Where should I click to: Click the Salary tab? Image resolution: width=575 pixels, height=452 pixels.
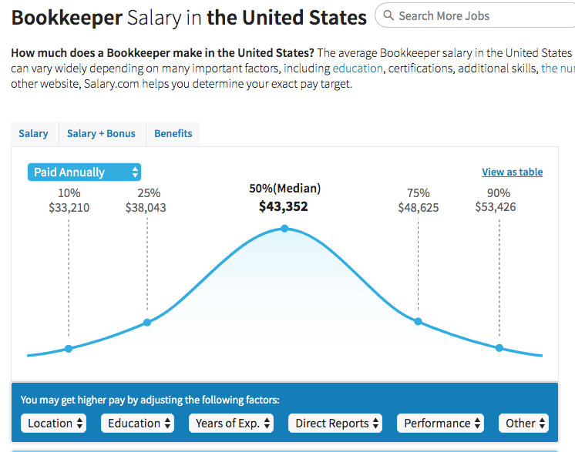[33, 133]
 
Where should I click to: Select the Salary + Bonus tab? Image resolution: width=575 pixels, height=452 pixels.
[101, 133]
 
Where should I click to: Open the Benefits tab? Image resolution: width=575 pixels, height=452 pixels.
[173, 133]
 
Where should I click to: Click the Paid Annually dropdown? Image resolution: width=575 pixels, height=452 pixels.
[84, 172]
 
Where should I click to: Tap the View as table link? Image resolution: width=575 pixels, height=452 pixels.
[512, 172]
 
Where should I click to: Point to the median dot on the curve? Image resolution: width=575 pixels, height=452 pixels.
[284, 228]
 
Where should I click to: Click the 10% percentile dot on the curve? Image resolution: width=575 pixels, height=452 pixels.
[69, 349]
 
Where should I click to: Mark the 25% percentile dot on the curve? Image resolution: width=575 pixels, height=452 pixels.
[147, 323]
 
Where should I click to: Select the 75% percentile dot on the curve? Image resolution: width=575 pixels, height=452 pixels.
[419, 321]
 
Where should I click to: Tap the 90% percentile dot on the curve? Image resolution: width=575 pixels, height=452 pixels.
[499, 348]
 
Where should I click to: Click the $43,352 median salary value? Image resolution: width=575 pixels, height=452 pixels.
[284, 206]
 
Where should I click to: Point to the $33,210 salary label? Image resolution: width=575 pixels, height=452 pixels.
[69, 207]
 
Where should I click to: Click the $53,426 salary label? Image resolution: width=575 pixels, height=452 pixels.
[496, 207]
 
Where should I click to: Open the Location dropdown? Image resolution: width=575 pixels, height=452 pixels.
[56, 423]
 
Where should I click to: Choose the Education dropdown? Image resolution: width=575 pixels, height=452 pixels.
[140, 423]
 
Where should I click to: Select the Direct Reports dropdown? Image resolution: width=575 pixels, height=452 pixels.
[338, 423]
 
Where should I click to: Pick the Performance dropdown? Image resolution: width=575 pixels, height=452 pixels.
[442, 423]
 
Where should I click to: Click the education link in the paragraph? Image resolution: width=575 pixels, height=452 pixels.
[358, 68]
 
